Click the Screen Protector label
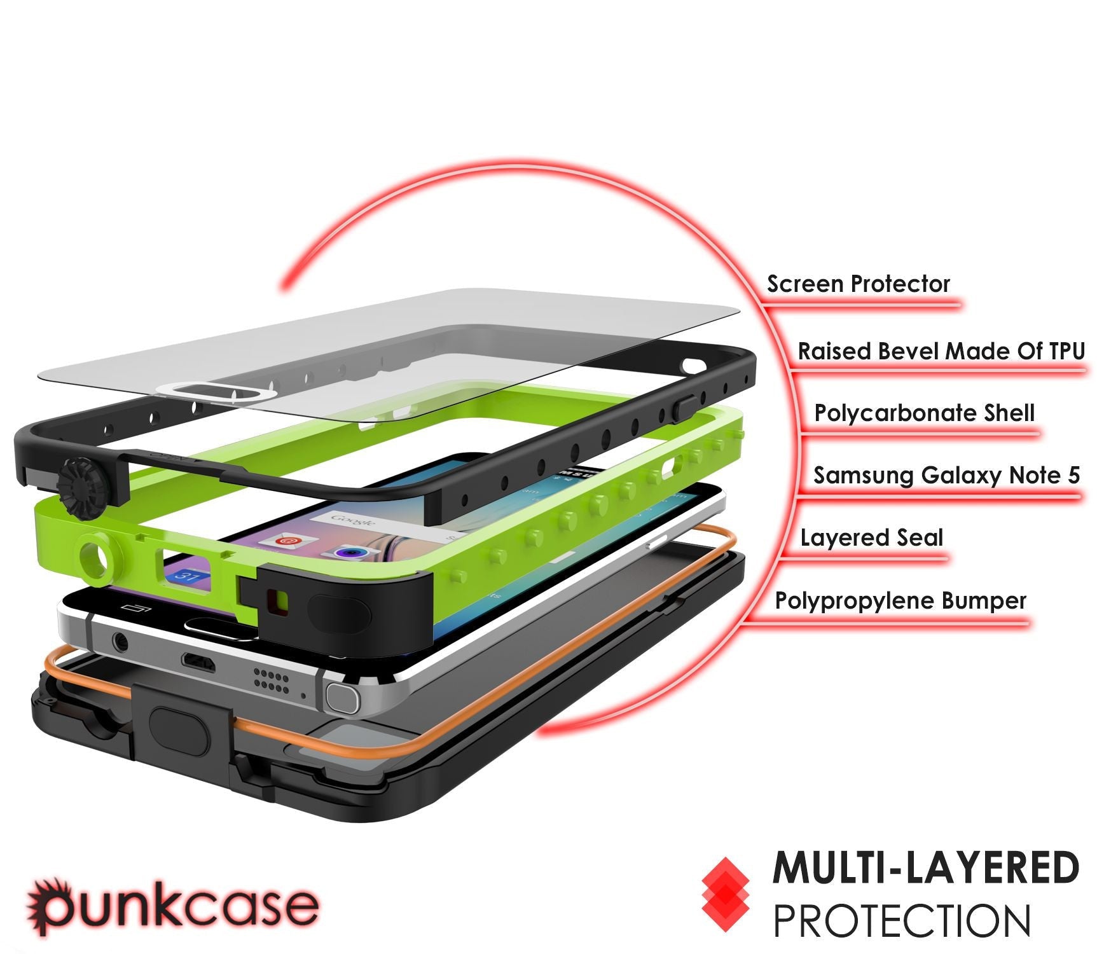[x=858, y=284]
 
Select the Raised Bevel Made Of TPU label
[x=941, y=351]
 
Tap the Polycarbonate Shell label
[x=924, y=413]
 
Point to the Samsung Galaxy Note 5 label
[x=946, y=475]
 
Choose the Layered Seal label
[x=871, y=538]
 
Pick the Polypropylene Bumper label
[x=900, y=600]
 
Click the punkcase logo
[x=172, y=906]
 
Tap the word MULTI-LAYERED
[x=925, y=868]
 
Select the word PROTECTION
[x=901, y=920]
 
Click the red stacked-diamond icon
[x=726, y=894]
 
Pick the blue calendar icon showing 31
[x=188, y=577]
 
